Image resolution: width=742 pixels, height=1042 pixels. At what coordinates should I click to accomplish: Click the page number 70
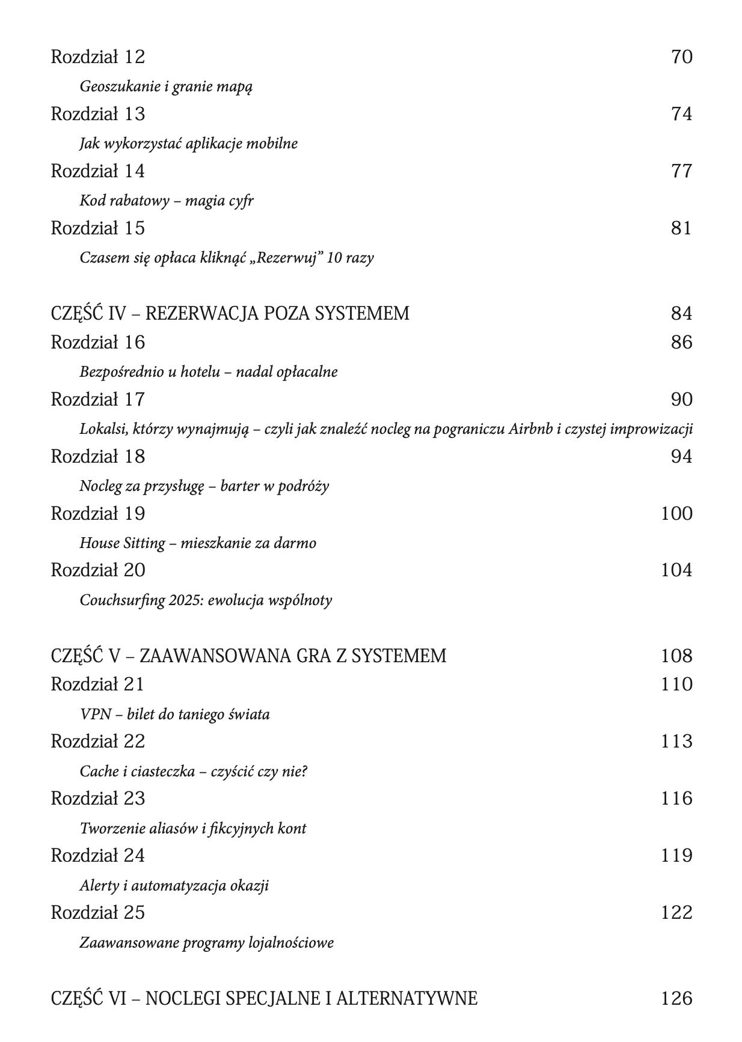pos(681,57)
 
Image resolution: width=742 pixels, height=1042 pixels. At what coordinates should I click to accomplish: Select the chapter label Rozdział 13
pos(97,114)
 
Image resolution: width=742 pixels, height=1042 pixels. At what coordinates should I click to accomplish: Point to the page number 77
pos(681,171)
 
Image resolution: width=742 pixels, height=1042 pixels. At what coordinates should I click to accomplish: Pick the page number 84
pos(681,314)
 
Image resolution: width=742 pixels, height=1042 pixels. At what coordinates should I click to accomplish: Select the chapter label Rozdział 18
pos(97,457)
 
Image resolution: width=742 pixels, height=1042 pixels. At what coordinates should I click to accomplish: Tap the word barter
pos(240,486)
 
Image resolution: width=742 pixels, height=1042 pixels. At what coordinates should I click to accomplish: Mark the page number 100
pos(676,514)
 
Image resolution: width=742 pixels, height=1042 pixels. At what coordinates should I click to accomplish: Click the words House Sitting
pos(122,543)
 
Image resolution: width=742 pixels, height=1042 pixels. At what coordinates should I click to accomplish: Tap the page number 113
pos(676,742)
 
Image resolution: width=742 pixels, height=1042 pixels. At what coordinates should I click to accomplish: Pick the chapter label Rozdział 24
pos(97,856)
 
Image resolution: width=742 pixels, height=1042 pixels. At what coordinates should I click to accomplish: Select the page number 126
pos(676,999)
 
